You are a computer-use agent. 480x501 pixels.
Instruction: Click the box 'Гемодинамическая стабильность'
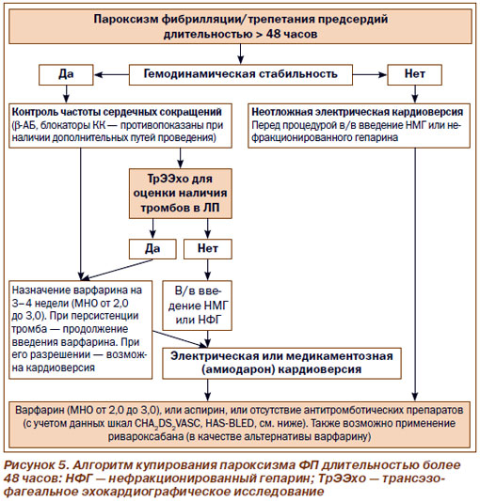[241, 75]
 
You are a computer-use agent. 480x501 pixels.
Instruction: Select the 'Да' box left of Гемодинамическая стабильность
[66, 75]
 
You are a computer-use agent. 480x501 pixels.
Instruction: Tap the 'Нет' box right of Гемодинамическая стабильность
[414, 75]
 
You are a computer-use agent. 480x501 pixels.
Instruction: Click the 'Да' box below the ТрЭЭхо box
[152, 249]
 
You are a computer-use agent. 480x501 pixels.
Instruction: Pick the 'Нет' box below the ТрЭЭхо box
[208, 249]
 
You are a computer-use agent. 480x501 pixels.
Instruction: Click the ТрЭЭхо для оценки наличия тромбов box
[180, 194]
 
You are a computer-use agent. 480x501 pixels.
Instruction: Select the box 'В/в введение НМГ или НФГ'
[197, 305]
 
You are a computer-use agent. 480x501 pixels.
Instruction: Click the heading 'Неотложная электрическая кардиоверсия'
[357, 112]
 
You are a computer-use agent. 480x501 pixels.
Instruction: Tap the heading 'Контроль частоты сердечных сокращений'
[117, 112]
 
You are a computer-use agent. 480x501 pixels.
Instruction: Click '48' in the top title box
[273, 34]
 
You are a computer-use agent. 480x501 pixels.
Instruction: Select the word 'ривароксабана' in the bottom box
[146, 436]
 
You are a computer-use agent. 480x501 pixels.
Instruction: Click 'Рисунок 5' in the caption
[35, 465]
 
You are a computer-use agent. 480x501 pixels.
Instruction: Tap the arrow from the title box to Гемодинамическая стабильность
[241, 54]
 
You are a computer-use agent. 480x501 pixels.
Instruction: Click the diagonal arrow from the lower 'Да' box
[116, 270]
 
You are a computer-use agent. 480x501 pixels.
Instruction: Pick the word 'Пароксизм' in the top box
[126, 19]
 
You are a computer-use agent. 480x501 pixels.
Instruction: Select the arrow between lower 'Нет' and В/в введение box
[208, 270]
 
